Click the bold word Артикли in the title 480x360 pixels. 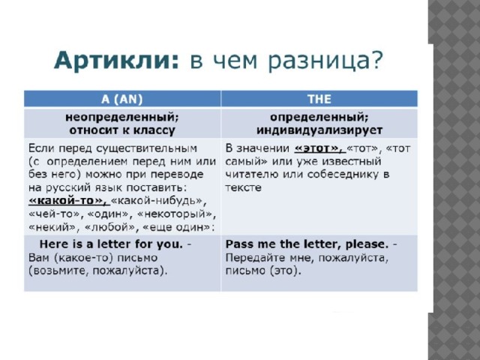pyautogui.click(x=116, y=60)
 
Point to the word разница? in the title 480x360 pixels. pyautogui.click(x=325, y=61)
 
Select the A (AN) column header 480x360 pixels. pyautogui.click(x=121, y=99)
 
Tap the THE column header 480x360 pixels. pyautogui.click(x=319, y=99)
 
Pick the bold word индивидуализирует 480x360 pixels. pyautogui.click(x=319, y=130)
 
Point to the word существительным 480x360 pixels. pyautogui.click(x=147, y=148)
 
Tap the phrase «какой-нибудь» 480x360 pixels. pyautogui.click(x=158, y=201)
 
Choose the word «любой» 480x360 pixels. pyautogui.click(x=109, y=227)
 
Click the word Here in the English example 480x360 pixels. pyautogui.click(x=54, y=244)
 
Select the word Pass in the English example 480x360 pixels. pyautogui.click(x=239, y=244)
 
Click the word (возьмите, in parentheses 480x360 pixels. pyautogui.click(x=58, y=271)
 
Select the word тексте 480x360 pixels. pyautogui.click(x=243, y=187)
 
